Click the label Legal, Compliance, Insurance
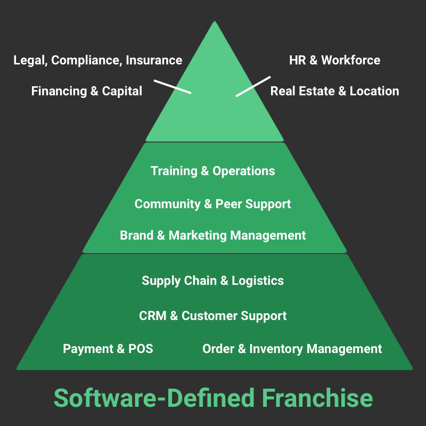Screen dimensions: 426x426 tap(97, 60)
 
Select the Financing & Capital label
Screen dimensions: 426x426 tap(87, 91)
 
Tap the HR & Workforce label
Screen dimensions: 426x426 tap(334, 60)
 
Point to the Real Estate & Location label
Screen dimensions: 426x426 tap(334, 91)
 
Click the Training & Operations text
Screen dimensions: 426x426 tap(213, 171)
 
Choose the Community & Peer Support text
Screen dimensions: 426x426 tap(213, 204)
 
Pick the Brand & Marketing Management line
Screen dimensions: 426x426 tap(213, 235)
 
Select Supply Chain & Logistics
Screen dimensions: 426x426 tap(213, 281)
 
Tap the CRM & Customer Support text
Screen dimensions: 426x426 tap(213, 316)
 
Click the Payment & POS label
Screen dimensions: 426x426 tap(108, 349)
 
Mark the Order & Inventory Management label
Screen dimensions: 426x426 tap(292, 349)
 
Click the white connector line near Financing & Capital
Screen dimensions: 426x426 tap(173, 87)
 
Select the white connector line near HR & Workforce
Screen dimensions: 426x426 tap(253, 86)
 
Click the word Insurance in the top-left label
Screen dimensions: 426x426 tap(154, 60)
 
